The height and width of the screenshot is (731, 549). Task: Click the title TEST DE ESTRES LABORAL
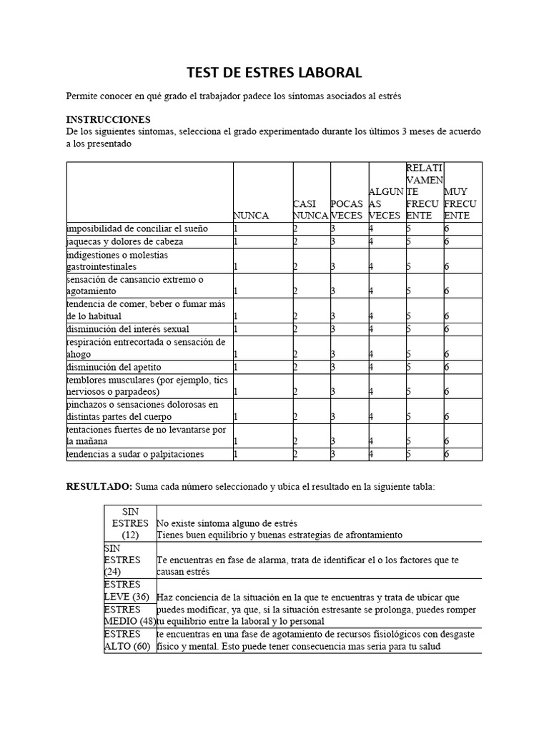274,72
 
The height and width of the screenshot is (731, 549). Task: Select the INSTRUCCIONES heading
108,119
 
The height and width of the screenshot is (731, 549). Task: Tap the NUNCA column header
251,216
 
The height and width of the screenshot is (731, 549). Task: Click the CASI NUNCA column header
311,209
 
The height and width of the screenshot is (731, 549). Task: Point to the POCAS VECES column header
348,209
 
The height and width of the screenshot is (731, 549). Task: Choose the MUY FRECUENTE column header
461,203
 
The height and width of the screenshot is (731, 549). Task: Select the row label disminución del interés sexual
127,328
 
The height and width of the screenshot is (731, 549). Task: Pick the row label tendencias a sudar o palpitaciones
135,454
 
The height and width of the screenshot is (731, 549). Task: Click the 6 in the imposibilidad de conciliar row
447,229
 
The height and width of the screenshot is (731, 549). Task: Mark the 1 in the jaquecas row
236,242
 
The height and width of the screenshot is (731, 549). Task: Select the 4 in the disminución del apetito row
371,368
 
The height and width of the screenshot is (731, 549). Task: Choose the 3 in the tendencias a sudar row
333,455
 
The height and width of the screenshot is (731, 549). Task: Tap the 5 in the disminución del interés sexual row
409,329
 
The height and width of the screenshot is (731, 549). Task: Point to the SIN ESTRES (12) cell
130,523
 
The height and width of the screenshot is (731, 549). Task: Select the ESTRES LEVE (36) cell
127,591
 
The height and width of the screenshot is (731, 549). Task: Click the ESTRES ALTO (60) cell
127,640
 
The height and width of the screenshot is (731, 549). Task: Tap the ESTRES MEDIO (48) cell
130,615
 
